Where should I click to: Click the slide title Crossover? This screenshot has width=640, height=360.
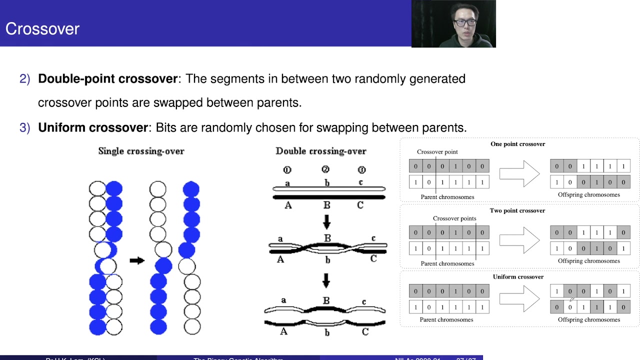point(42,28)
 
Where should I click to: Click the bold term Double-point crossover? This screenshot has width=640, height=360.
point(108,79)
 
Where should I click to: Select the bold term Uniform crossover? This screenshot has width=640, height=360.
point(93,127)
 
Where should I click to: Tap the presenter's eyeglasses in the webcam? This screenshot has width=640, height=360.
point(464,22)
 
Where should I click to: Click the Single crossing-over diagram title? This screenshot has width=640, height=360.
point(141,151)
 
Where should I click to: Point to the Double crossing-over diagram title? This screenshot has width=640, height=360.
point(320,151)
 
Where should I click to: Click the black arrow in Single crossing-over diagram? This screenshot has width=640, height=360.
point(136,260)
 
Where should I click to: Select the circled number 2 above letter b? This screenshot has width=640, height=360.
point(325,169)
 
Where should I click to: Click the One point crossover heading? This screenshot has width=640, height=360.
point(517,144)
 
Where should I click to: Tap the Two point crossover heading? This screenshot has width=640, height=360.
point(517,210)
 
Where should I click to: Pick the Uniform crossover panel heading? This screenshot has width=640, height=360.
point(518,276)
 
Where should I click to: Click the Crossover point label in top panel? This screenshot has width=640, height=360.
point(437,151)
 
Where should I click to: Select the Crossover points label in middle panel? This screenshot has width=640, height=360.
point(454,218)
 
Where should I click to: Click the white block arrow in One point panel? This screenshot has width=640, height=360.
point(519,173)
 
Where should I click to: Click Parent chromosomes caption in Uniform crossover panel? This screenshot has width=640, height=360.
point(447,319)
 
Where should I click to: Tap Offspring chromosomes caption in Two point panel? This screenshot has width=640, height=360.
point(588,261)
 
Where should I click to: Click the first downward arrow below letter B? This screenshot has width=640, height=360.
point(326,221)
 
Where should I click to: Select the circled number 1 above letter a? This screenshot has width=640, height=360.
point(287,169)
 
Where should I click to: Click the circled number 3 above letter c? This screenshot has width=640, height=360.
point(361,169)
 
